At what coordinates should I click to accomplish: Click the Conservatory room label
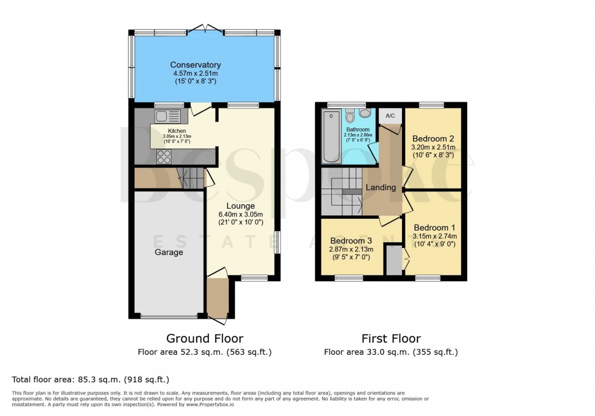tap(195, 65)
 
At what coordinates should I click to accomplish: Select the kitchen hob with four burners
tap(164, 156)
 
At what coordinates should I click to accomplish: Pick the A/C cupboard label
tap(390, 116)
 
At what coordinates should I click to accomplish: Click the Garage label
tap(169, 253)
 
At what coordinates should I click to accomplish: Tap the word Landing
tap(380, 188)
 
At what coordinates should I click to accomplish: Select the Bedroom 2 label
tap(433, 139)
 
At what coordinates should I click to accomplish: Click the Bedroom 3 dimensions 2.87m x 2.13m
tap(351, 250)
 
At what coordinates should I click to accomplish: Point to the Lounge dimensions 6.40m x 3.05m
tap(240, 214)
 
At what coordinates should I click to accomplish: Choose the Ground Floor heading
tap(205, 338)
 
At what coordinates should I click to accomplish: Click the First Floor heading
tap(391, 338)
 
